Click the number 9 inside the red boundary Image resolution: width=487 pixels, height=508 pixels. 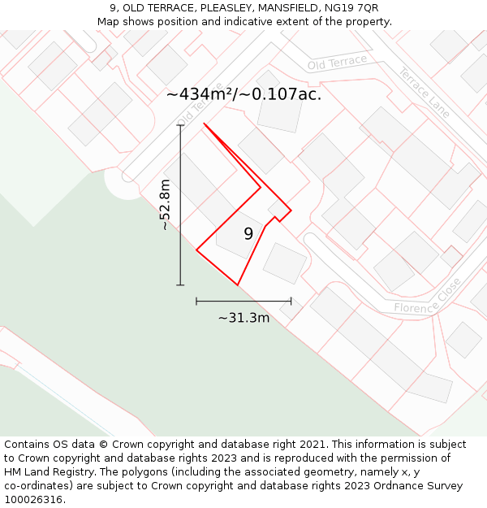[248, 234]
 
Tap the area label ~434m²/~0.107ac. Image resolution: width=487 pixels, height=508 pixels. [243, 94]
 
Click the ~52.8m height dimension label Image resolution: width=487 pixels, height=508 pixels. [166, 205]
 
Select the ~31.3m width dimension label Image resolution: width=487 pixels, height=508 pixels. [243, 318]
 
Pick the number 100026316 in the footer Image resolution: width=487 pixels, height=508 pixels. [34, 500]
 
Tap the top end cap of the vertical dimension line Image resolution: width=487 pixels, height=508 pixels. [180, 125]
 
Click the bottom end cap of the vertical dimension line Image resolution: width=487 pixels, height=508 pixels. [180, 284]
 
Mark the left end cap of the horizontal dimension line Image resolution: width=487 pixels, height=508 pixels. [196, 301]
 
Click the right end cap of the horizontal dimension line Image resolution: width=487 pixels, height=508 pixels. [291, 301]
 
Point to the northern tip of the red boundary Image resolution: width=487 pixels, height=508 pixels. [204, 124]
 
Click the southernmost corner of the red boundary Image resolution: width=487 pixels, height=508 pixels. [237, 284]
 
